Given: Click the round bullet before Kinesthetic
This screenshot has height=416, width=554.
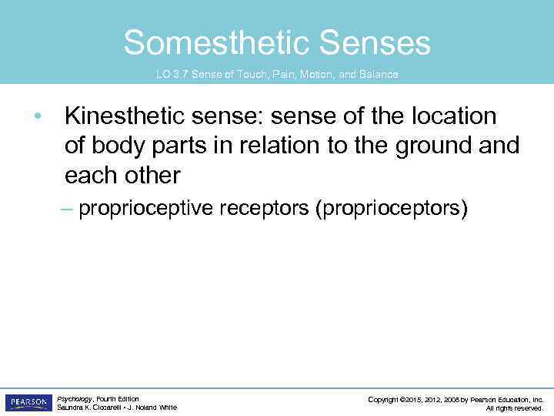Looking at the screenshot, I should click(36, 116).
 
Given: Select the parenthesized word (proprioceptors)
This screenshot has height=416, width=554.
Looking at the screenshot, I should click(391, 209).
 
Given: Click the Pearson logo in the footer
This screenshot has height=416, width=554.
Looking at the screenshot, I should click(28, 402).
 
